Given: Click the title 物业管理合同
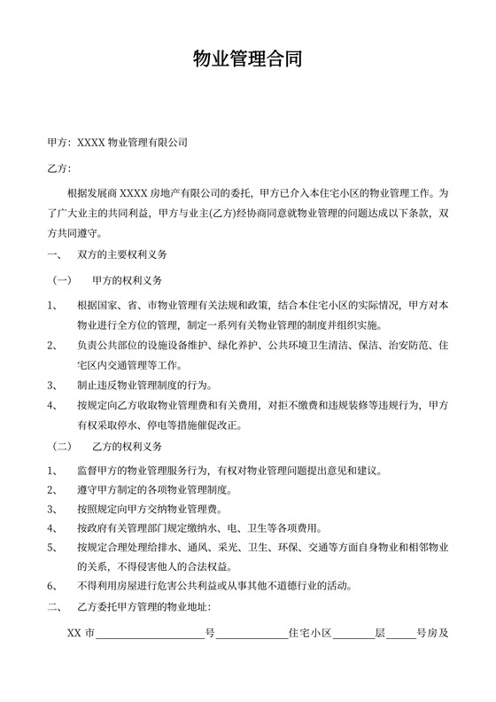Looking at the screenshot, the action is click(x=248, y=60).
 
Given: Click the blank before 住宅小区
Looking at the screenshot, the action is click(x=252, y=635).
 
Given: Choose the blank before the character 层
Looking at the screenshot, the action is click(x=354, y=635).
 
